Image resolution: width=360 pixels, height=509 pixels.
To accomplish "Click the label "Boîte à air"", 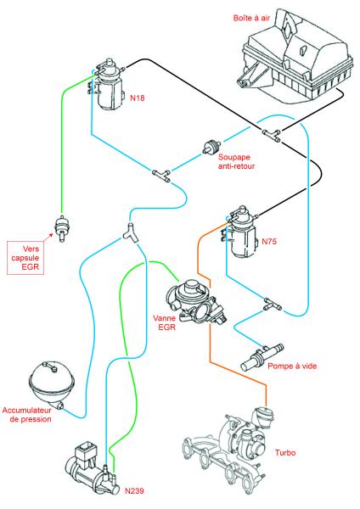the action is pos(251,18).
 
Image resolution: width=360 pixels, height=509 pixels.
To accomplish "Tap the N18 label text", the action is pos(137,98).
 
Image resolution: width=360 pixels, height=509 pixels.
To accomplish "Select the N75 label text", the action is pos(269,241).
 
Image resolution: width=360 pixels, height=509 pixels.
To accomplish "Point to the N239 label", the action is pos(134,490).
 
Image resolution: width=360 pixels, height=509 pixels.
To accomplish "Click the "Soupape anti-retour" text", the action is pos(236,161).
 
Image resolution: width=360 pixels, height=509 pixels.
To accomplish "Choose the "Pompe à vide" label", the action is pos(292,366).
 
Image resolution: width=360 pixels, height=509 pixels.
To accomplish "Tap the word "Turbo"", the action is pos(285,452).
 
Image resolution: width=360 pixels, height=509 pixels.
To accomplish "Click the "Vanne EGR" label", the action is pos(165,322).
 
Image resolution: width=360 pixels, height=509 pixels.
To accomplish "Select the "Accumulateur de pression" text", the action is pos(27,415).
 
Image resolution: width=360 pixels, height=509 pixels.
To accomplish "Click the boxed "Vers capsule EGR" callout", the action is pos(25,258).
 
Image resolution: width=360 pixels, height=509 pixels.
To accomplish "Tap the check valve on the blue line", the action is pos(212,147).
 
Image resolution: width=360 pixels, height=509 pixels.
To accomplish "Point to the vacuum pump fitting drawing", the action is pos(262,357).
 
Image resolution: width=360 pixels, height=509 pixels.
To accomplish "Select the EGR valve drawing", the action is pos(195,302).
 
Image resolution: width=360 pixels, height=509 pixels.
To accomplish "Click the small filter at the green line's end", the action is pos(61,227).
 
